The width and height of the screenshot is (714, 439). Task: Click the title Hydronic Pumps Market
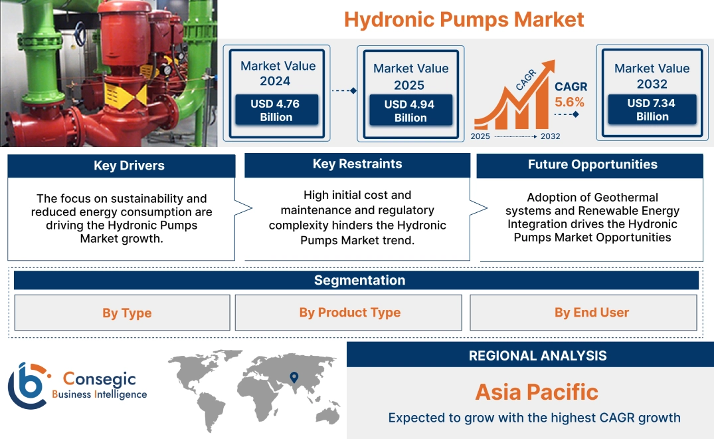point(464,19)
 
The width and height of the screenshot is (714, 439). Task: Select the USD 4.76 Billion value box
point(276,110)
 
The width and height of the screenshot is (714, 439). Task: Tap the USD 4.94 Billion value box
point(410,111)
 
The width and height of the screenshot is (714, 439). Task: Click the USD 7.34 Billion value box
point(652,110)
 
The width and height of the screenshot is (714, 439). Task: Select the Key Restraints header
point(357,164)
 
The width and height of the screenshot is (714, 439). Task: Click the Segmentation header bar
point(359,280)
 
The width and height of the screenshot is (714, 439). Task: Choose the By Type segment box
point(127,313)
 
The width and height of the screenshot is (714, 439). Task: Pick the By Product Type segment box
point(349,313)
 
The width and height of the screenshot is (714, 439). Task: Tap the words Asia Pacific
point(537,392)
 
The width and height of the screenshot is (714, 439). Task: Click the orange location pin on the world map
point(293,378)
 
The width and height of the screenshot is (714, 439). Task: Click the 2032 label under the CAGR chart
point(550,136)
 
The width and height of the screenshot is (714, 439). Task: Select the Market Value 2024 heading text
point(278,73)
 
